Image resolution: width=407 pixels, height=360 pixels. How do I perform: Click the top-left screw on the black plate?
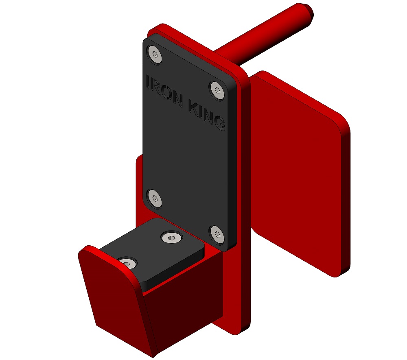(x=154, y=55)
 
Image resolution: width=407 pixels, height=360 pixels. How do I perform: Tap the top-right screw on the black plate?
(x=217, y=90)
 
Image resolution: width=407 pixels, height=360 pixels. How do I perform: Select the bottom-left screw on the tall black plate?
(x=154, y=199)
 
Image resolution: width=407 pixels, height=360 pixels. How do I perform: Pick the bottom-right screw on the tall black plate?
(x=217, y=235)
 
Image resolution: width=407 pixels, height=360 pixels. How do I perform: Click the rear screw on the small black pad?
(x=172, y=237)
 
